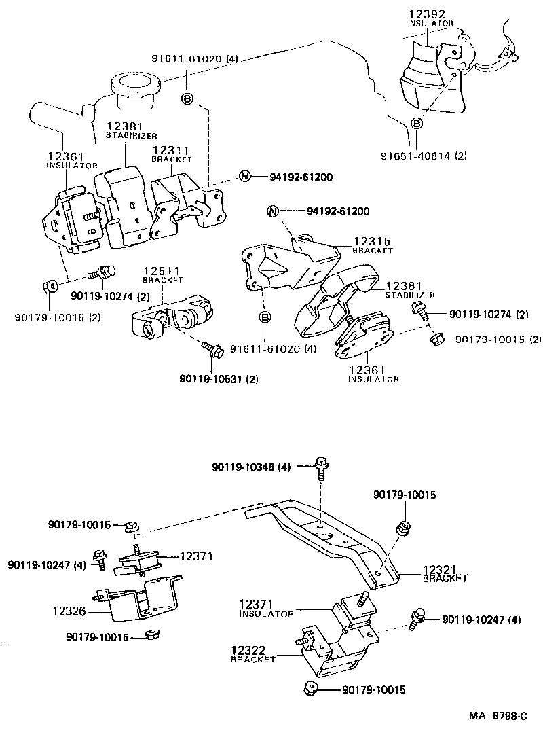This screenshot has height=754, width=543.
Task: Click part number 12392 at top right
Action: tap(426, 13)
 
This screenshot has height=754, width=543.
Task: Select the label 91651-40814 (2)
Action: tap(424, 156)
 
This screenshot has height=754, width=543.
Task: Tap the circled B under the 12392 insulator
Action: tap(417, 123)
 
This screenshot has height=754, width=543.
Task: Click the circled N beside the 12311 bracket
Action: tap(244, 177)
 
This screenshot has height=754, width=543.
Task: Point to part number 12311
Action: tap(170, 150)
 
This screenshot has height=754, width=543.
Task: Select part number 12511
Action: tap(162, 270)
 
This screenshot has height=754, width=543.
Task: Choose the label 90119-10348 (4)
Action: tap(251, 467)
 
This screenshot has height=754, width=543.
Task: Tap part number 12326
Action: tap(69, 611)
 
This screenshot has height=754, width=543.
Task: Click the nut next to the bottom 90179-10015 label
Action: tap(312, 689)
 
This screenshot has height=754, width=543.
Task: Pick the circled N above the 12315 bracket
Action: tap(273, 211)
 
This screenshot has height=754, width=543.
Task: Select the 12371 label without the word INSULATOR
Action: tap(196, 556)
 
